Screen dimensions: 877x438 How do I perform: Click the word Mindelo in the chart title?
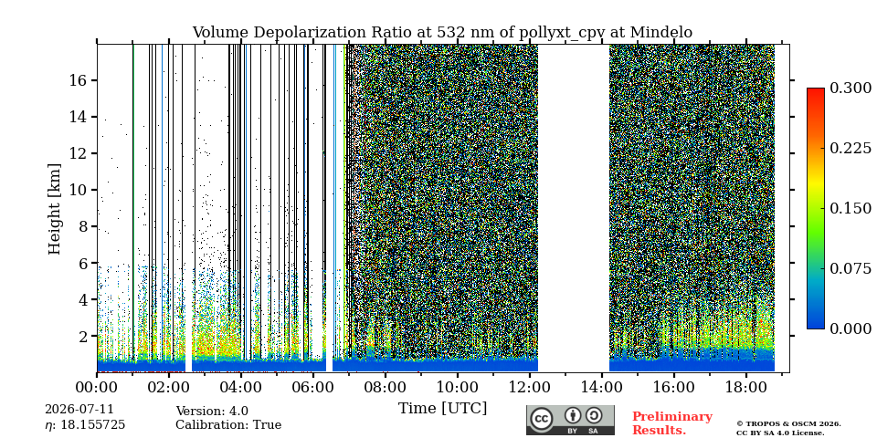tap(661, 33)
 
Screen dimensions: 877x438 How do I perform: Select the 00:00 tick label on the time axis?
tap(98, 387)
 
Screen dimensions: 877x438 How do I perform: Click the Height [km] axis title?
tap(54, 209)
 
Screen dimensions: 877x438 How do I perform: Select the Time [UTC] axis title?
tap(442, 409)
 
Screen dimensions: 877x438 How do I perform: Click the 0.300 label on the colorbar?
tap(851, 88)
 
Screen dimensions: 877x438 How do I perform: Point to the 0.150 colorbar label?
tap(851, 208)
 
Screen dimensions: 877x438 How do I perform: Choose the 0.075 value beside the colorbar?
tap(851, 268)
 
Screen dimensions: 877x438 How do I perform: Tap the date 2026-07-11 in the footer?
tap(79, 410)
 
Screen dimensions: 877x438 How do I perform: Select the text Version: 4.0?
tap(212, 412)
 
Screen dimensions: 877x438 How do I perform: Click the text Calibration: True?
tap(228, 425)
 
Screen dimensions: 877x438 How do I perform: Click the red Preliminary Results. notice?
tap(672, 423)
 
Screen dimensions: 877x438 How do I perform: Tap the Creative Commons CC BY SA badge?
tap(570, 420)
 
